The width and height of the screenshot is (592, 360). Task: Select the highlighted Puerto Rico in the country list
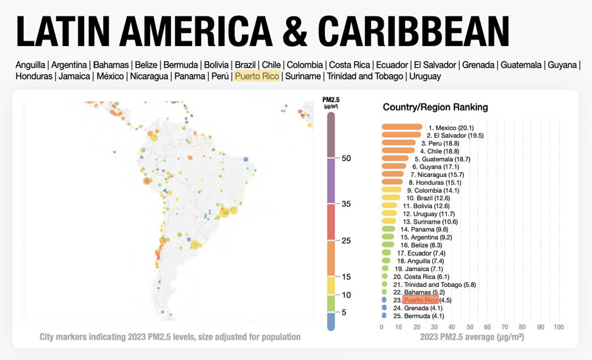(257, 76)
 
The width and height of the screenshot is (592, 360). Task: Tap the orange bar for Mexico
(402, 127)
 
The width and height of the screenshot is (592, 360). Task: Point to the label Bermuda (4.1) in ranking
(428, 316)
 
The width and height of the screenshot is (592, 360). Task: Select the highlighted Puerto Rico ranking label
(421, 300)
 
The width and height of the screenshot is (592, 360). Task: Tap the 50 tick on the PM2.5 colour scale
(346, 159)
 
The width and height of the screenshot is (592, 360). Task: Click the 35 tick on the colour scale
(346, 204)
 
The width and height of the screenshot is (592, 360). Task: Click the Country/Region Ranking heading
(435, 107)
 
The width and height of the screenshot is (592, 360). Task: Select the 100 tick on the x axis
(558, 327)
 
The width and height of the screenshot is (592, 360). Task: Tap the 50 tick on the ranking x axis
(470, 327)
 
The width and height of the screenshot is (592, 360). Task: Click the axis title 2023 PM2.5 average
(471, 337)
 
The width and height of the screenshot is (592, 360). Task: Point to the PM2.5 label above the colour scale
(331, 101)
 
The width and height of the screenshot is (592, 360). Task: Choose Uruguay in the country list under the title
(426, 76)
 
